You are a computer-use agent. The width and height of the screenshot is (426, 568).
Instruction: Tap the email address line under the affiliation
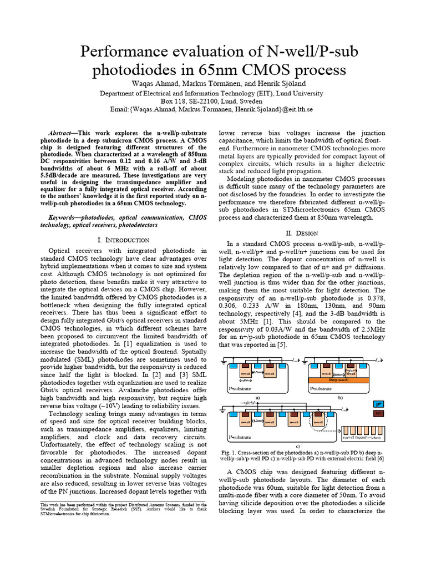coord(212,110)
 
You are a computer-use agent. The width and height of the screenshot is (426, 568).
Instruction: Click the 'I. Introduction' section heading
coord(123,240)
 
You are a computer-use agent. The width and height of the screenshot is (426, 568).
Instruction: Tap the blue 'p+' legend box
coord(379,404)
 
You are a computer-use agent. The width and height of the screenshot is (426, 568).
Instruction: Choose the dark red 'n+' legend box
coord(379,414)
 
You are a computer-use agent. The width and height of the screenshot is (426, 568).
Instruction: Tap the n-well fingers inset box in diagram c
coord(365,432)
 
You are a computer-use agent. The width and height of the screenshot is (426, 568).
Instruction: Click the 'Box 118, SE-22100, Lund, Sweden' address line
coord(212,102)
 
